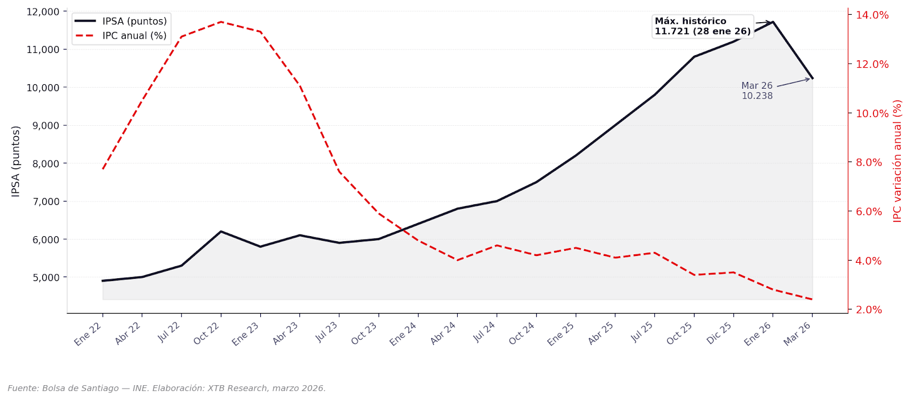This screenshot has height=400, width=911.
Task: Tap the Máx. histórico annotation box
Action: [x=702, y=26]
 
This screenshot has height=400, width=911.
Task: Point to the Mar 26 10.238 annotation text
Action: [x=757, y=91]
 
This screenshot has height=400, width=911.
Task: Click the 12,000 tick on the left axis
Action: [x=43, y=11]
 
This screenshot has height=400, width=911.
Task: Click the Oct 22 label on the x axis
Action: [x=207, y=333]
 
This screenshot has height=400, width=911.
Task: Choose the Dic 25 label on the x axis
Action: [x=719, y=333]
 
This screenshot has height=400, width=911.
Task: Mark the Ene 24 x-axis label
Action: [x=404, y=333]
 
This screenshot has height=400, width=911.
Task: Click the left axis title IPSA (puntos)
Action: [x=16, y=162]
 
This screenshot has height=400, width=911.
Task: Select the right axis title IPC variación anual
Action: [x=897, y=161]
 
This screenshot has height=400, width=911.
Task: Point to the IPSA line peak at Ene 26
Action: [x=773, y=22]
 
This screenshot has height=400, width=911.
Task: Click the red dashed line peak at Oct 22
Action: [x=221, y=22]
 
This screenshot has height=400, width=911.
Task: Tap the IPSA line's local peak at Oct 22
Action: [x=221, y=232]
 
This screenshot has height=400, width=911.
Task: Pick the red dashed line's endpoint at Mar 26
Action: [x=812, y=299]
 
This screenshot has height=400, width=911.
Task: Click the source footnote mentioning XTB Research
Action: [x=167, y=388]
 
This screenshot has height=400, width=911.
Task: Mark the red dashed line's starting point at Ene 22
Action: [x=102, y=169]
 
